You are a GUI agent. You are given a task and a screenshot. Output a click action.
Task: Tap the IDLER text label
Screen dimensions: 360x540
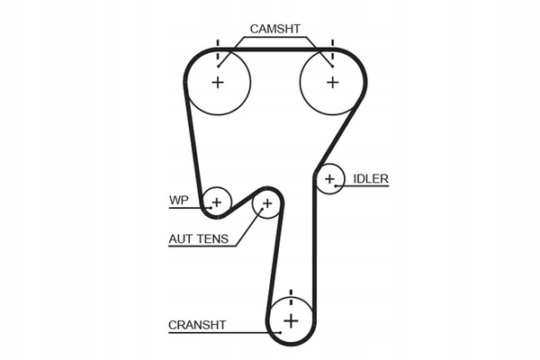point(370,178)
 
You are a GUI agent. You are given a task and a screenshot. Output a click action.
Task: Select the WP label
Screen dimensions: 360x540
point(178,200)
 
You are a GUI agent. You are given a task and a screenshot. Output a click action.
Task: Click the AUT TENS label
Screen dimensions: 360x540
point(198,239)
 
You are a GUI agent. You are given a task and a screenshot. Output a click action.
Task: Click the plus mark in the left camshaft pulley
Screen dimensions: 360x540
point(217,82)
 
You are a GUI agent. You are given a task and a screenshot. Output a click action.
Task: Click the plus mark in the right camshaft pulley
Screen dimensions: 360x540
point(332,82)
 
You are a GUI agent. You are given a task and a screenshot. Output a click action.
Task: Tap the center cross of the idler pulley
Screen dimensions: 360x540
point(330,180)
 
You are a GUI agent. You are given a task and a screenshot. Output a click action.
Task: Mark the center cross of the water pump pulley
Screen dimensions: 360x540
point(216,202)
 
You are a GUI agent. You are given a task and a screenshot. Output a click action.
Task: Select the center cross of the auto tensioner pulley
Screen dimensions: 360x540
point(266,204)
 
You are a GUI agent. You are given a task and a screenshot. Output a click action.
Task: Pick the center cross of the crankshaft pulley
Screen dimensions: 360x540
point(291,320)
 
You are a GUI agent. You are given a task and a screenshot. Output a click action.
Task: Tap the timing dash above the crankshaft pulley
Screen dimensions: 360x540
point(291,293)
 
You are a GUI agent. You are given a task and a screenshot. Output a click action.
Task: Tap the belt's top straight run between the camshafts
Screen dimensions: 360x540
point(274,49)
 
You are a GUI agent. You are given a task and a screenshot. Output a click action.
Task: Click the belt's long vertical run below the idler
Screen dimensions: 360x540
point(314,252)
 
